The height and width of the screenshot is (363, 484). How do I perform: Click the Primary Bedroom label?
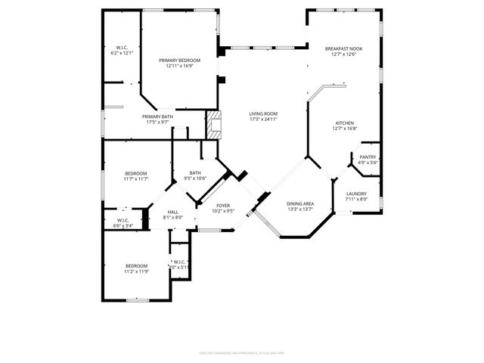pyautogui.click(x=179, y=60)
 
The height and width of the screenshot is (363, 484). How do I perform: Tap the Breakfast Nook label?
pyautogui.click(x=344, y=48)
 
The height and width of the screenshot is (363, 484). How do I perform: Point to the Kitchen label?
pyautogui.click(x=346, y=123)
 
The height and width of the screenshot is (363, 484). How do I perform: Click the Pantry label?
pyautogui.click(x=368, y=157)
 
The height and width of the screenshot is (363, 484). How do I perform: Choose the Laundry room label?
pyautogui.click(x=356, y=194)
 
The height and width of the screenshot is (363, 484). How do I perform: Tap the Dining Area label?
pyautogui.click(x=300, y=204)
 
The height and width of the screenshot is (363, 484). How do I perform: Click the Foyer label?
pyautogui.click(x=223, y=205)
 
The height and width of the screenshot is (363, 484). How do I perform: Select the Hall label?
pyautogui.click(x=172, y=212)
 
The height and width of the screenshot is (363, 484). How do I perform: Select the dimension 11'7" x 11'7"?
pyautogui.click(x=136, y=179)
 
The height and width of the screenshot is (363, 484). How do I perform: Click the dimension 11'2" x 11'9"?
pyautogui.click(x=136, y=271)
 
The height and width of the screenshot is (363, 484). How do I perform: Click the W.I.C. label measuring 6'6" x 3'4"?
pyautogui.click(x=123, y=225)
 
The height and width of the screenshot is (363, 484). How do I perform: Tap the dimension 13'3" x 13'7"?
pyautogui.click(x=300, y=210)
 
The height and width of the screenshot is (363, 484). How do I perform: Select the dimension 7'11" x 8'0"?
pyautogui.click(x=356, y=200)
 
